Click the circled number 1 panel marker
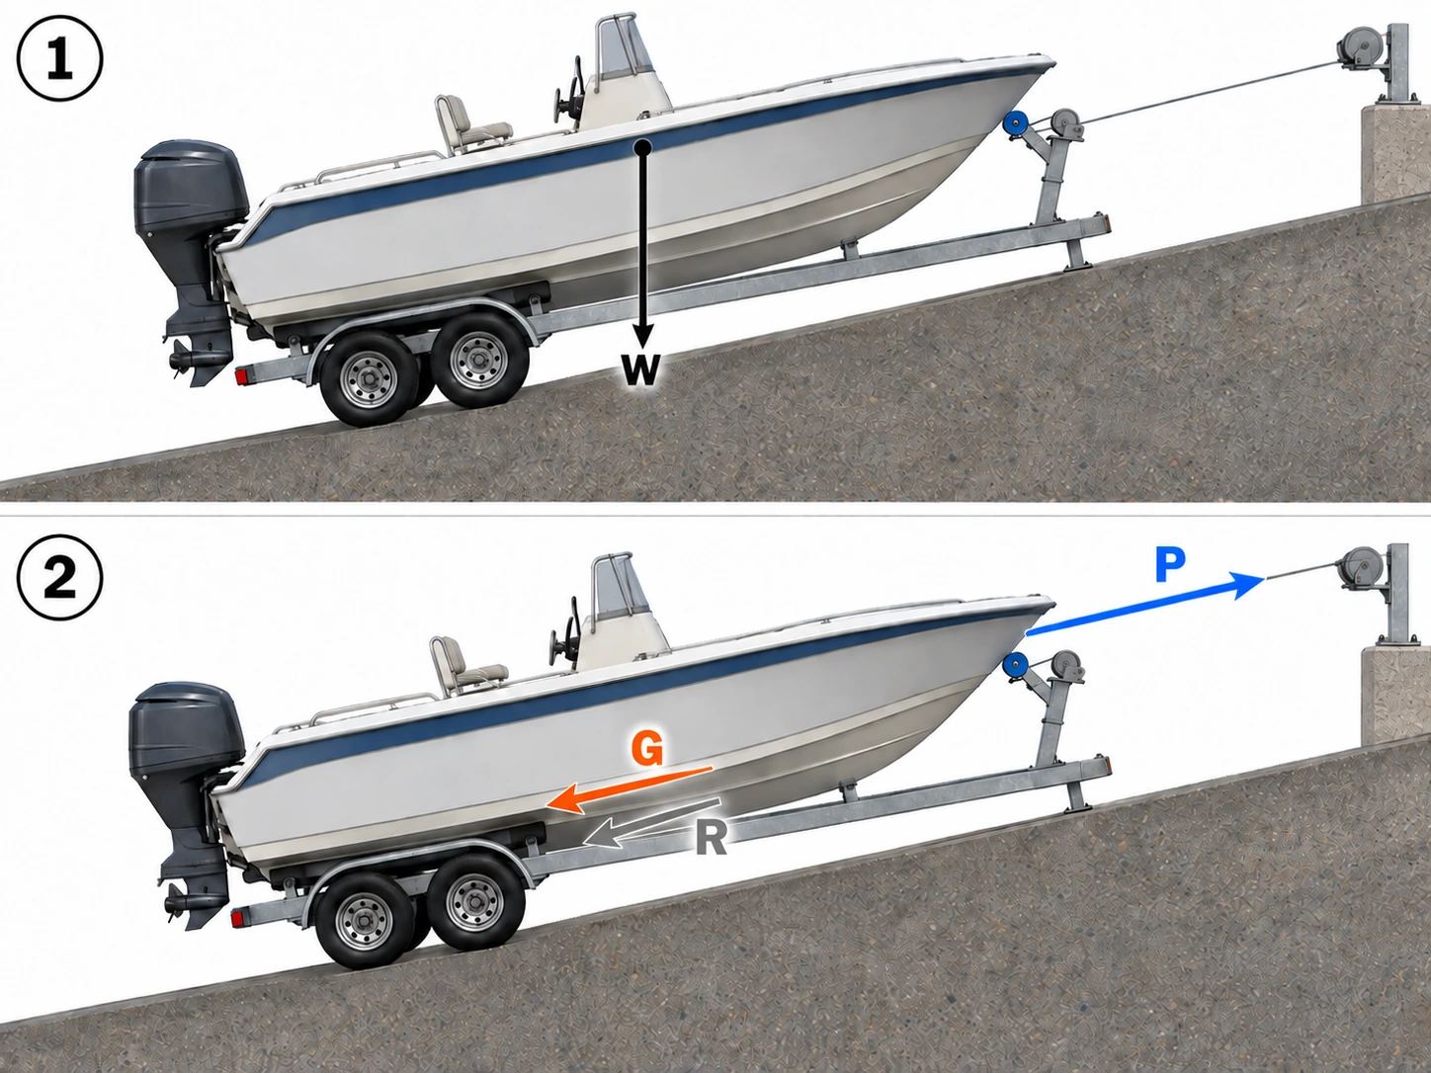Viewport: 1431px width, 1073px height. tap(59, 58)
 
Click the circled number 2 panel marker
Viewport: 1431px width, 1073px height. tap(59, 578)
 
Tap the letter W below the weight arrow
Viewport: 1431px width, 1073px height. tap(640, 371)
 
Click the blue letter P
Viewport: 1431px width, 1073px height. tap(1169, 564)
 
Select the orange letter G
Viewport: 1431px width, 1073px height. tap(647, 748)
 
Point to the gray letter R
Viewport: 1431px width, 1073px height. tap(711, 839)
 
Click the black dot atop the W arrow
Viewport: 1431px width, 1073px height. tap(642, 147)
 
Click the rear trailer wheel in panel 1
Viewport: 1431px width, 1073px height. tap(369, 377)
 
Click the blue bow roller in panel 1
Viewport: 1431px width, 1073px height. tap(1015, 124)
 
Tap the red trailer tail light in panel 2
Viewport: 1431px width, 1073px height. tap(238, 919)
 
